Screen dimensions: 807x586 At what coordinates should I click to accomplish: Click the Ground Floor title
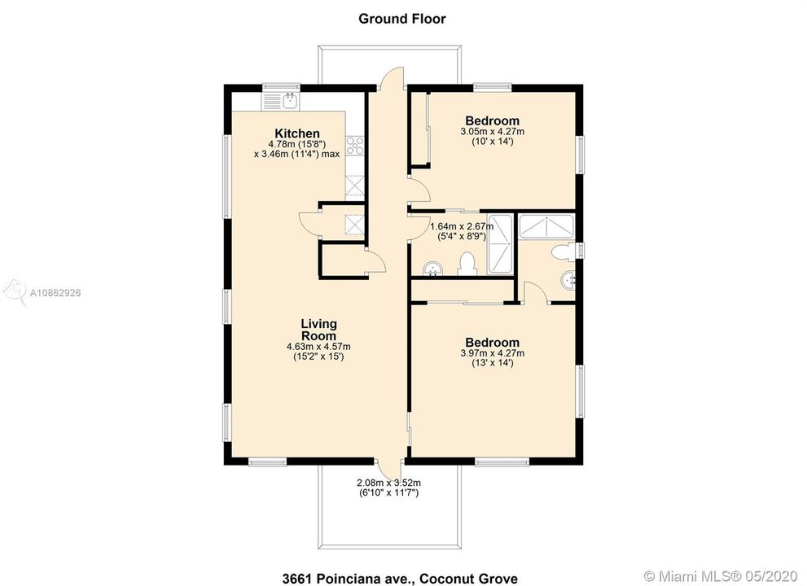click(x=402, y=19)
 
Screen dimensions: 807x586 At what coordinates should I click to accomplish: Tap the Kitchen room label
click(x=297, y=133)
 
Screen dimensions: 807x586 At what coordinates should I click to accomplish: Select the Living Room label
click(x=318, y=330)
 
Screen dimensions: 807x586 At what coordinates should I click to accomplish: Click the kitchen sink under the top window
click(x=281, y=101)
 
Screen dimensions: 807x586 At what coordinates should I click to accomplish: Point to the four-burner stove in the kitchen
click(x=355, y=146)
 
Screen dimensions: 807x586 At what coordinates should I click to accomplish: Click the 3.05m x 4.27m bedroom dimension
click(x=493, y=132)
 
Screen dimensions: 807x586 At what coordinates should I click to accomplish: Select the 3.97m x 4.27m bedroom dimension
click(x=493, y=353)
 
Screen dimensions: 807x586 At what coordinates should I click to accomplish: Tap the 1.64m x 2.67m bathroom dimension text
click(x=462, y=226)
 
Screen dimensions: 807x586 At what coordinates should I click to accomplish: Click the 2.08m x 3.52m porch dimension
click(x=388, y=483)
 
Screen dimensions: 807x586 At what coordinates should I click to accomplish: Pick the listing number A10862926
click(x=55, y=293)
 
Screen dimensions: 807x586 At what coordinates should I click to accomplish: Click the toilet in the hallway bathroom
click(x=467, y=264)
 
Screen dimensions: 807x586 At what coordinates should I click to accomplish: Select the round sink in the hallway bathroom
click(x=433, y=269)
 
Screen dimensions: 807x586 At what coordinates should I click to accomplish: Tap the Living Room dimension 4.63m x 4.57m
click(x=318, y=347)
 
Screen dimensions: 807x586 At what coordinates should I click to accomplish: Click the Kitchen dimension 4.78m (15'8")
click(x=297, y=144)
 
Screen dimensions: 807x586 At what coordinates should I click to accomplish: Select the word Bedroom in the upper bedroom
click(x=493, y=121)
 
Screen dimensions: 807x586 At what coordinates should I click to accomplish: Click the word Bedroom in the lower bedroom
click(x=493, y=343)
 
